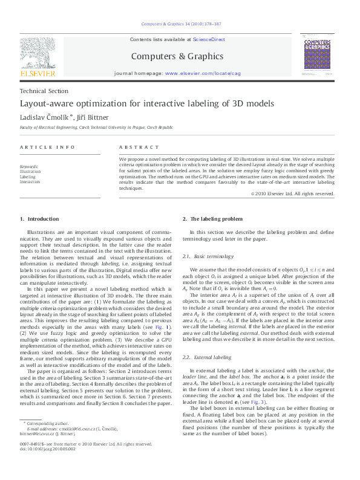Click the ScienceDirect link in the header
(x=209, y=39)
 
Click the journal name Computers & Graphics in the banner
(x=177, y=56)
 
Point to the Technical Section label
(x=44, y=91)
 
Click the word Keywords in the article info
(x=29, y=166)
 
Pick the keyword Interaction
(x=30, y=181)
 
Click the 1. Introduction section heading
(x=39, y=218)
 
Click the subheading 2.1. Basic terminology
(x=208, y=257)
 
